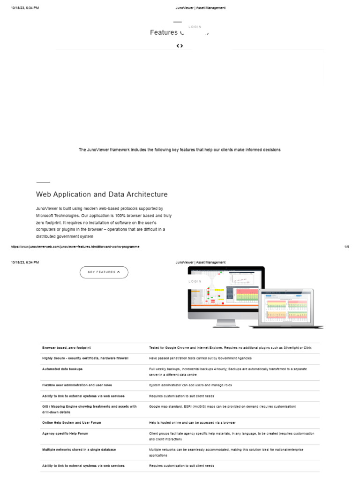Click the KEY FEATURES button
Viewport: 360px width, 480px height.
pyautogui.click(x=104, y=272)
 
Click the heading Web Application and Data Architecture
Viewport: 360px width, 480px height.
pyautogui.click(x=102, y=194)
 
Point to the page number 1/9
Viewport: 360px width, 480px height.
pyautogui.click(x=346, y=247)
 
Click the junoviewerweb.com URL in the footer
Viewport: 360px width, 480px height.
pyautogui.click(x=75, y=247)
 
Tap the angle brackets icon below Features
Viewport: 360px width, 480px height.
pyautogui.click(x=180, y=45)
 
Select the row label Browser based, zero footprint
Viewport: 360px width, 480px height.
pyautogui.click(x=67, y=348)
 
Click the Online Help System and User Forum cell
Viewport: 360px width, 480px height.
pyautogui.click(x=71, y=422)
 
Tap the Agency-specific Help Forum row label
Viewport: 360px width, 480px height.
pyautogui.click(x=65, y=434)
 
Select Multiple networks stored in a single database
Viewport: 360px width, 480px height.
pyautogui.click(x=79, y=450)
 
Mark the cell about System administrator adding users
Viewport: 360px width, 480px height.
pyautogui.click(x=190, y=385)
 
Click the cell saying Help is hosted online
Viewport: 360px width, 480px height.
pyautogui.click(x=192, y=422)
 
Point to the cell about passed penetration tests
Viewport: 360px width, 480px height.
pyautogui.click(x=200, y=358)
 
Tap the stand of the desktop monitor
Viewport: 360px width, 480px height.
pyautogui.click(x=226, y=323)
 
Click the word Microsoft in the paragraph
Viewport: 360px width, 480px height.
pyautogui.click(x=46, y=215)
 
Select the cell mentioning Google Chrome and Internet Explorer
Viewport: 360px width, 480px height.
pyautogui.click(x=230, y=348)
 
